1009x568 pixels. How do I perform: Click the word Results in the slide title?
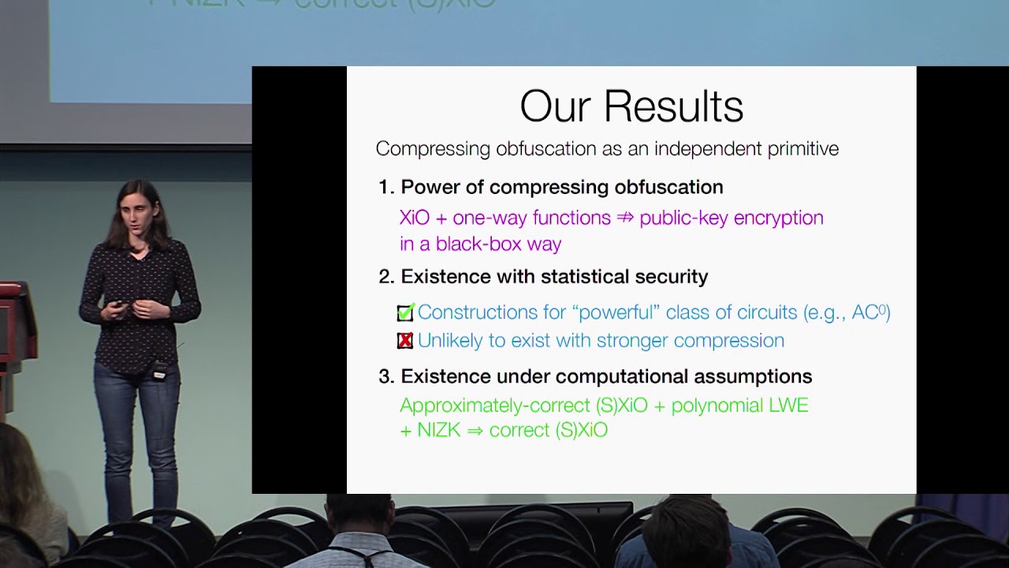673,106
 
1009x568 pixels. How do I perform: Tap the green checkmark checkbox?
405,312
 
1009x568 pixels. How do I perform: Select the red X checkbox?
405,340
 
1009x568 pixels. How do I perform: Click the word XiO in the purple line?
415,218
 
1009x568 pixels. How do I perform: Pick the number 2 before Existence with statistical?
386,276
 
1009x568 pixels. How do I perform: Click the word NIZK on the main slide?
439,430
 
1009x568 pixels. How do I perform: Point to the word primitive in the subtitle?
803,149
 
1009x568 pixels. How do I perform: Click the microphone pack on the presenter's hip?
160,370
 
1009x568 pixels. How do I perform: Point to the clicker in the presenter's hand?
119,304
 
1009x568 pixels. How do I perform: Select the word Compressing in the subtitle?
433,149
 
